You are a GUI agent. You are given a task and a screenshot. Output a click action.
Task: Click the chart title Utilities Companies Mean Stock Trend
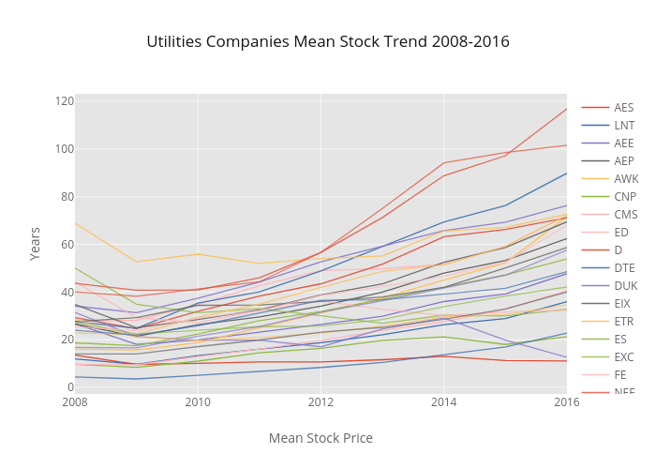(x=328, y=42)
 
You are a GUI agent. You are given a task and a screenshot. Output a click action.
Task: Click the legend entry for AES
(x=624, y=108)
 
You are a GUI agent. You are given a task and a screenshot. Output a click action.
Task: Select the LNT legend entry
(x=624, y=126)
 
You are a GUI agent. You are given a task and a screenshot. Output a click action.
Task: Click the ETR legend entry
(x=624, y=322)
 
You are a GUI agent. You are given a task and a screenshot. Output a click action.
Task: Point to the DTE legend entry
(x=624, y=268)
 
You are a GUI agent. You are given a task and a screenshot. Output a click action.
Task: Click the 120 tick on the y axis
(x=64, y=101)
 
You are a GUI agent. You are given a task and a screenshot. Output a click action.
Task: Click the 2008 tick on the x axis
(x=75, y=402)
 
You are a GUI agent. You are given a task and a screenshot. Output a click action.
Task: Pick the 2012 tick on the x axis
(x=321, y=402)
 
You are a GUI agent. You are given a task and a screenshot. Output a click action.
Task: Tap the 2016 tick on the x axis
(x=566, y=402)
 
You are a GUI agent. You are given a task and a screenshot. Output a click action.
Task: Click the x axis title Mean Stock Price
(x=321, y=438)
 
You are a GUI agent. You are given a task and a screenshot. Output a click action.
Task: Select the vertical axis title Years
(x=36, y=242)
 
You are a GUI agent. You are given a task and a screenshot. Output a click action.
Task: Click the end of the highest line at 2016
(x=566, y=109)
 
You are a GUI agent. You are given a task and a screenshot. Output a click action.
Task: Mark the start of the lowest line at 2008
(x=76, y=377)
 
